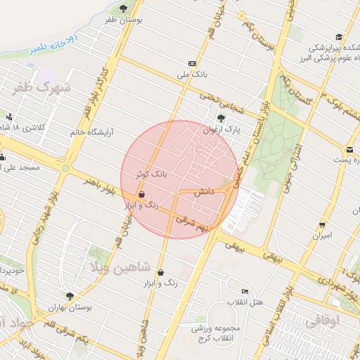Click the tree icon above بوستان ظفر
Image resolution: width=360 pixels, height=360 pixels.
pyautogui.click(x=124, y=8)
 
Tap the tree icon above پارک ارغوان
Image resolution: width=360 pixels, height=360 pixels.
pyautogui.click(x=221, y=118)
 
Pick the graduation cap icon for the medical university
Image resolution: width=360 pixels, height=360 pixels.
pyautogui.click(x=339, y=37)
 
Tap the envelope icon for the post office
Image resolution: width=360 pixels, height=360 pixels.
pyautogui.click(x=349, y=149)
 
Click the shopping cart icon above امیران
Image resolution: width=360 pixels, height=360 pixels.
pyautogui.click(x=322, y=224)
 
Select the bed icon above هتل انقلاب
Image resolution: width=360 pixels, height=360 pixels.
pyautogui.click(x=245, y=291)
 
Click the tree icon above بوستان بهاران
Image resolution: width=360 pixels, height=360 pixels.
pyautogui.click(x=69, y=297)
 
